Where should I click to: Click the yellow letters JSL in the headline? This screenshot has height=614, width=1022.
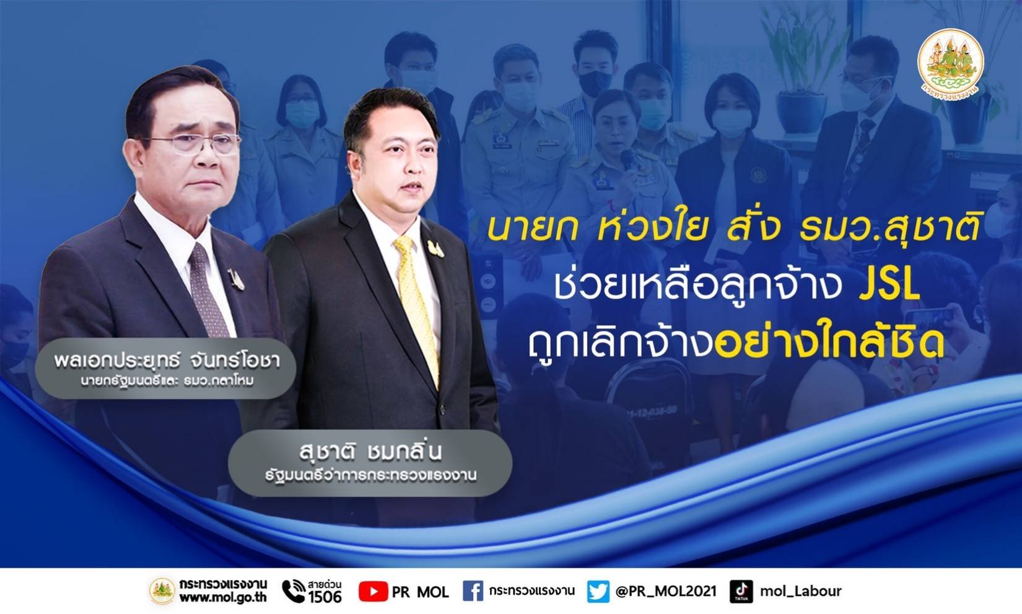(x=889, y=286)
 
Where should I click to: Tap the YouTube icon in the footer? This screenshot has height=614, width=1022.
(x=373, y=592)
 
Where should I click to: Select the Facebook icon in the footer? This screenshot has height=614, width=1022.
(x=473, y=591)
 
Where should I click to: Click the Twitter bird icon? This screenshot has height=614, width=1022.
(x=598, y=592)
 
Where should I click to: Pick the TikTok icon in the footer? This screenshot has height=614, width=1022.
(x=741, y=592)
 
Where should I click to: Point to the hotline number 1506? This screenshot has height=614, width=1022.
(x=325, y=597)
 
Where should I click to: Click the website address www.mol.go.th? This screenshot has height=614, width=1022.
(x=223, y=597)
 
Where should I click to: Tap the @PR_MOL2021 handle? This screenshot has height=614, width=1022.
(x=666, y=592)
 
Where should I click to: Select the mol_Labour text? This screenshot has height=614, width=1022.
(x=800, y=592)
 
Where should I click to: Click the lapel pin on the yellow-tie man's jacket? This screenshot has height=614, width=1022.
(x=435, y=249)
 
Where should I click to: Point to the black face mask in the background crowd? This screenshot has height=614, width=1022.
(x=595, y=81)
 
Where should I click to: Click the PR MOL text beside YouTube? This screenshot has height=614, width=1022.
(x=420, y=592)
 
